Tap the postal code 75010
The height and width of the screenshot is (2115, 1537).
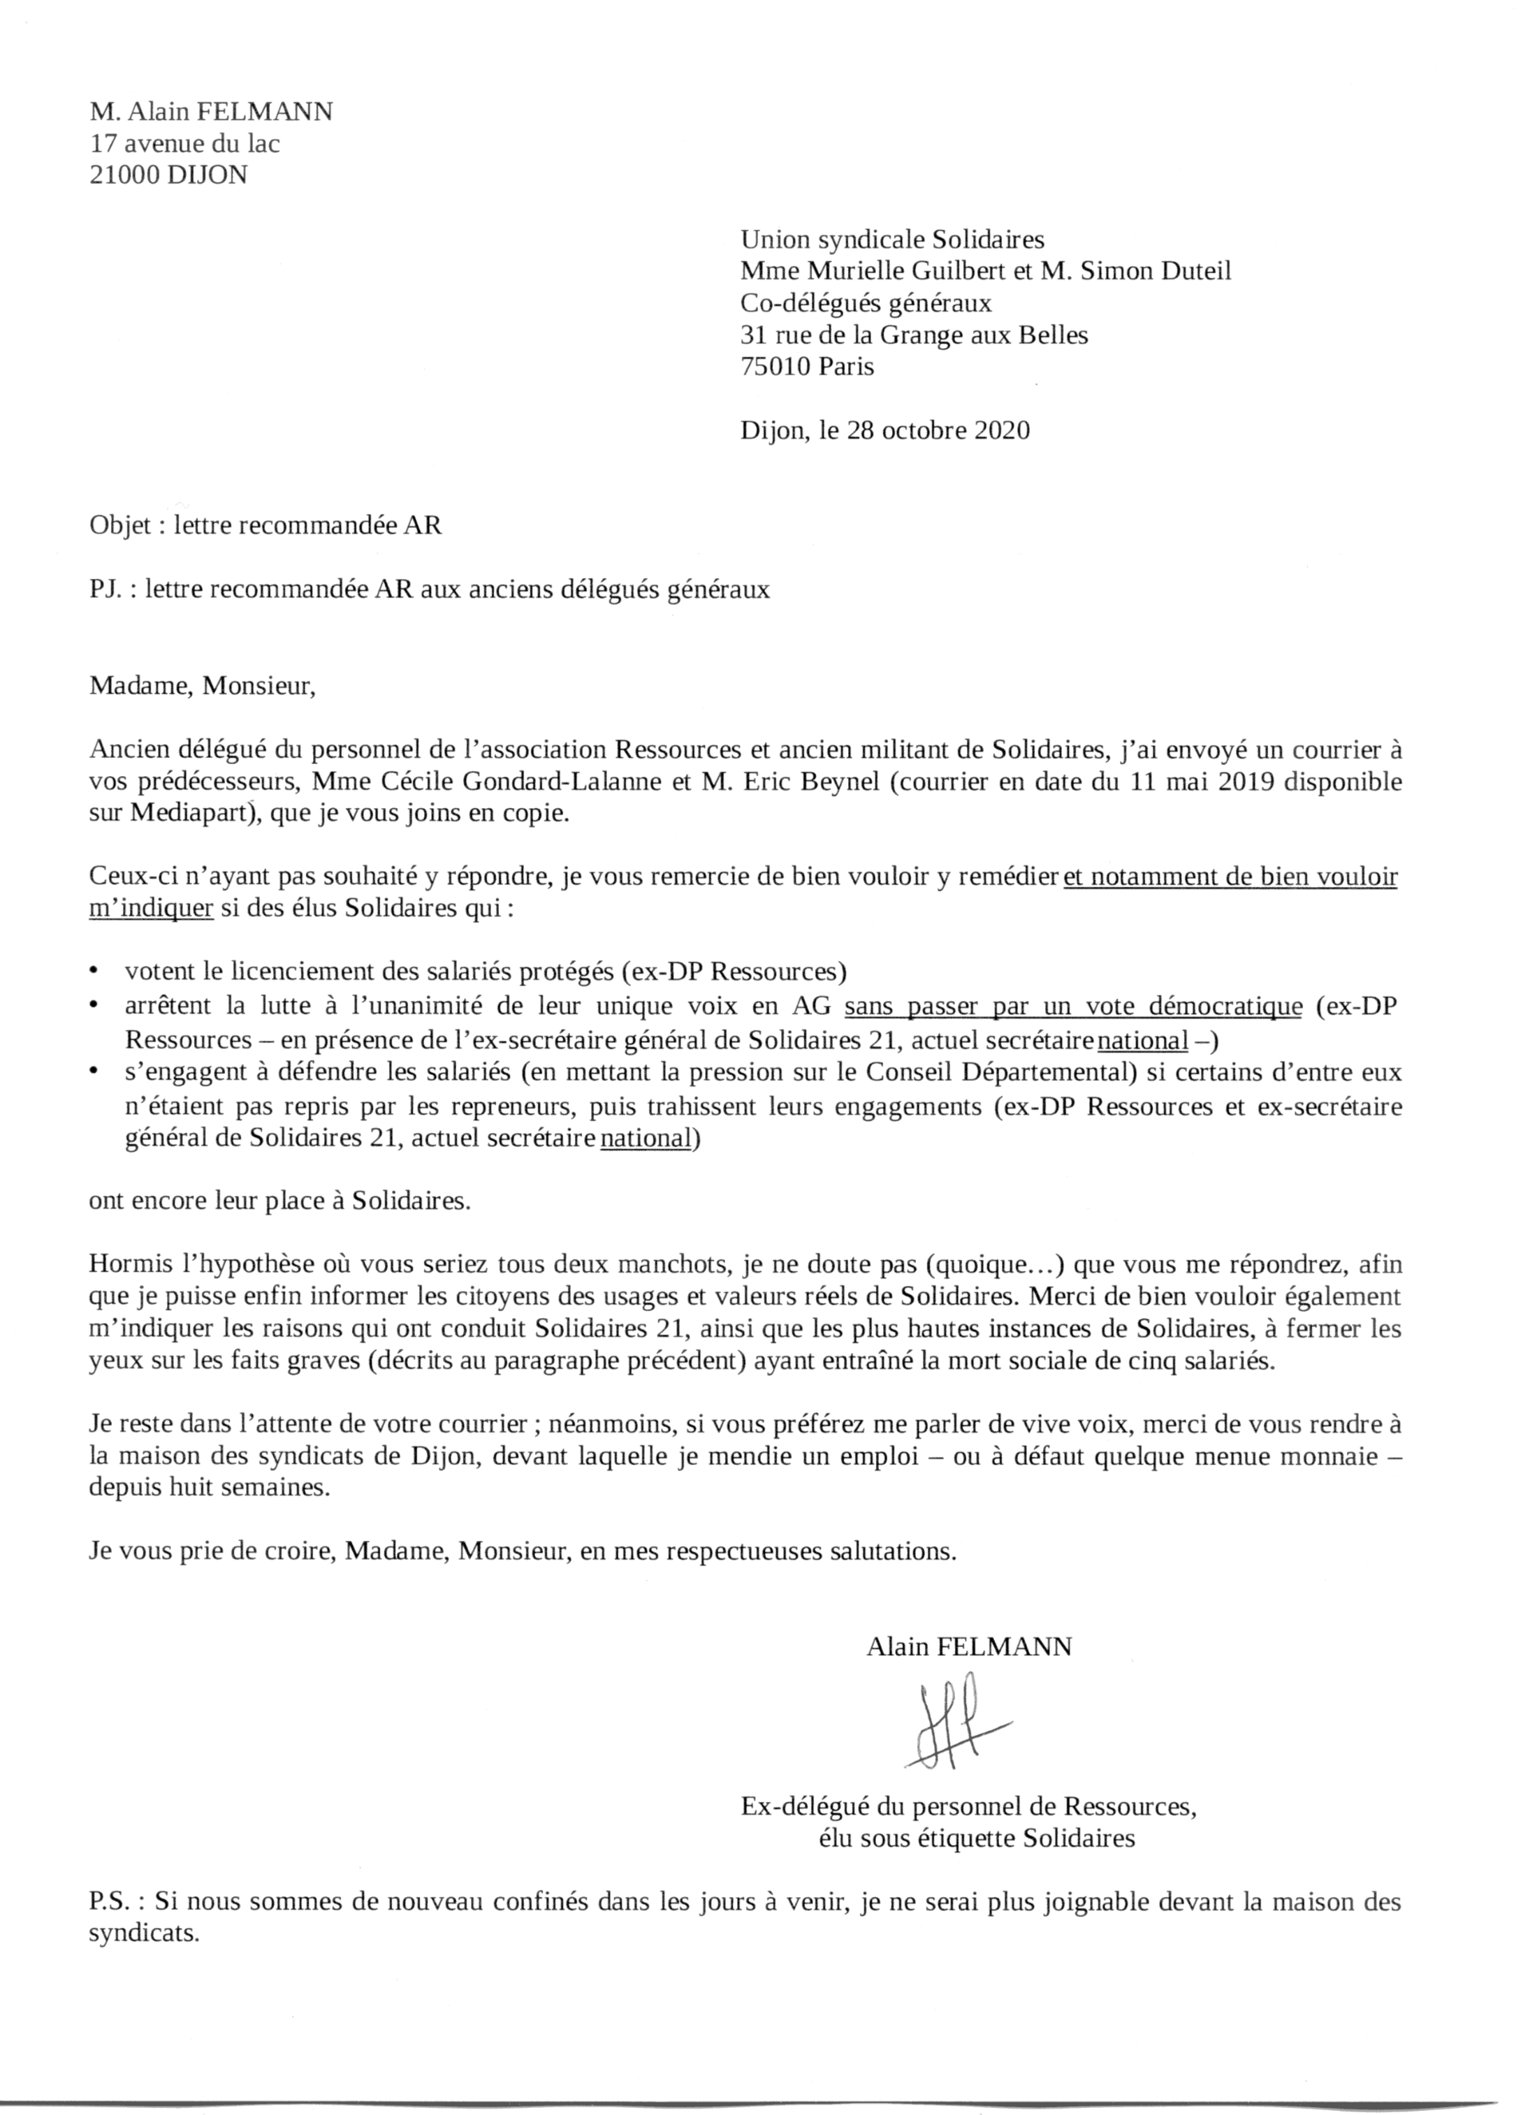click(776, 367)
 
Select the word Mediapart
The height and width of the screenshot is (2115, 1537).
click(195, 812)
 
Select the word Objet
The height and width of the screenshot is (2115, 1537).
click(119, 526)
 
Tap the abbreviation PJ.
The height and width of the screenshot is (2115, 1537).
click(106, 590)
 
